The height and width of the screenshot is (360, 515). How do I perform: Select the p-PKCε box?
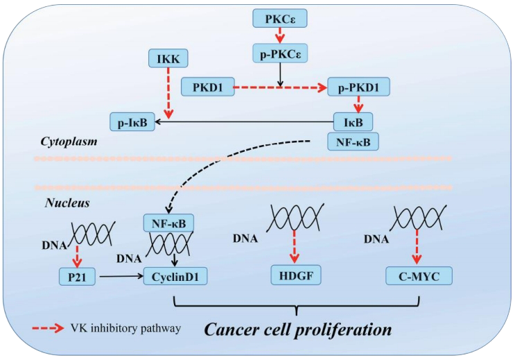(280, 52)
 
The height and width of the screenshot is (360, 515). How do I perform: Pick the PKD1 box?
(206, 87)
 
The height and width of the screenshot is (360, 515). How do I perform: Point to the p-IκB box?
(132, 123)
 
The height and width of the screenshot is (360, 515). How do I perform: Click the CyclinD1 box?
(176, 277)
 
